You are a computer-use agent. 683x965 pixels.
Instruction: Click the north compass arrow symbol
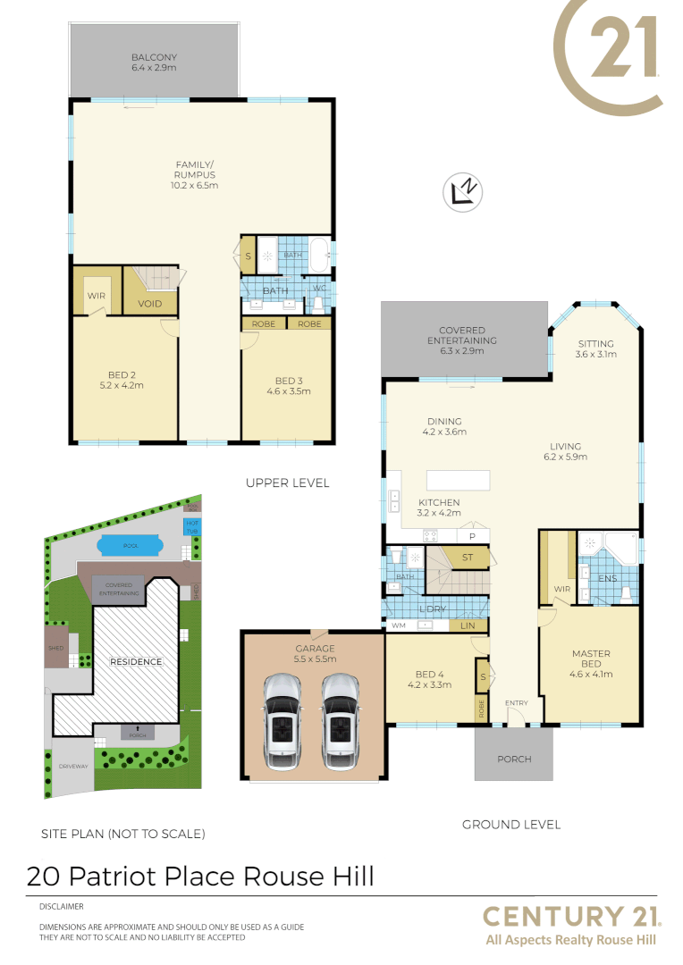tap(465, 192)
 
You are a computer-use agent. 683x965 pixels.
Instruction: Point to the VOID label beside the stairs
tap(150, 304)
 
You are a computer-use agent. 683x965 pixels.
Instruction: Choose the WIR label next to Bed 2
tap(97, 294)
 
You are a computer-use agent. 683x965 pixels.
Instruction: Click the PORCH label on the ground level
tap(513, 759)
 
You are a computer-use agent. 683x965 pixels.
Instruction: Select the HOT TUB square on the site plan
tap(191, 525)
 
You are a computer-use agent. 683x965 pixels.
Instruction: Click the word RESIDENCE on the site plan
tap(136, 662)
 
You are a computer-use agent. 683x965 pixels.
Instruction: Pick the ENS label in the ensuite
tap(608, 579)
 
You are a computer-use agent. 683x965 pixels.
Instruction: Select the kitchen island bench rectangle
tap(458, 480)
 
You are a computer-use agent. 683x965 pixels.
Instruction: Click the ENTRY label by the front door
tap(516, 703)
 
